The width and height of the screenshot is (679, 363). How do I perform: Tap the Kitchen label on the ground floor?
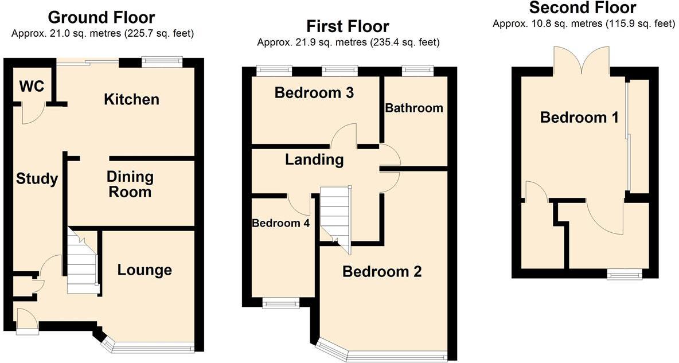pyautogui.click(x=131, y=99)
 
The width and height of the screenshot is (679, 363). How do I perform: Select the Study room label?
pyautogui.click(x=37, y=179)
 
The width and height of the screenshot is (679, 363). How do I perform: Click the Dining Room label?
pyautogui.click(x=130, y=184)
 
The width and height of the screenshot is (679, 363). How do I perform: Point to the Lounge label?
pyautogui.click(x=145, y=270)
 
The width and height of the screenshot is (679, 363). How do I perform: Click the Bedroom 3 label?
pyautogui.click(x=314, y=92)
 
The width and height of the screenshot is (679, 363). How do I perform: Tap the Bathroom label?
pyautogui.click(x=414, y=108)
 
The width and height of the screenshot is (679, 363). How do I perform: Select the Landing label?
pyautogui.click(x=314, y=159)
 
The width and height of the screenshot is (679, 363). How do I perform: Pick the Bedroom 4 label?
pyautogui.click(x=281, y=224)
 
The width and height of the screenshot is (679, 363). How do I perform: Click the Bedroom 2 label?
pyautogui.click(x=382, y=271)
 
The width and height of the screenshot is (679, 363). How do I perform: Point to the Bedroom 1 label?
pyautogui.click(x=579, y=118)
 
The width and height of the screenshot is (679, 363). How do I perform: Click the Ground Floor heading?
pyautogui.click(x=101, y=17)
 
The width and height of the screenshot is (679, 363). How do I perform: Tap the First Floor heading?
pyautogui.click(x=348, y=26)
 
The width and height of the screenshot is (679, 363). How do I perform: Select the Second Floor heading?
pyautogui.click(x=582, y=7)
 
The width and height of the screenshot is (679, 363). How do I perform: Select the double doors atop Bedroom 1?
pyautogui.click(x=582, y=60)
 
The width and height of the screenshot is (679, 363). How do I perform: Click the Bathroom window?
pyautogui.click(x=417, y=71)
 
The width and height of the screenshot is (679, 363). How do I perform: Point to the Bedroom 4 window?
pyautogui.click(x=281, y=303)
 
